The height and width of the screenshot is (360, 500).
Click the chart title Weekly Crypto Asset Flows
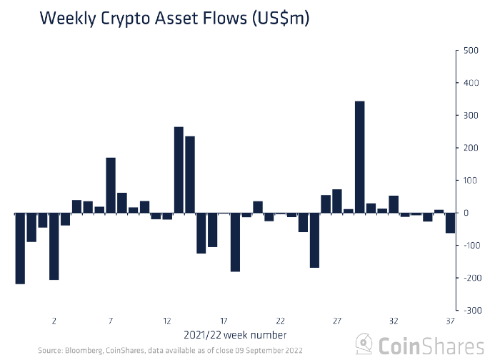(x=174, y=19)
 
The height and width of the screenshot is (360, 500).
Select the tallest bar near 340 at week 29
(x=360, y=157)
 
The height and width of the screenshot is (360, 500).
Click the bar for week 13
(x=179, y=170)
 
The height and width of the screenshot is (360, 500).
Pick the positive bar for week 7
(x=111, y=185)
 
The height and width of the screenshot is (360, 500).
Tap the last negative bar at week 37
(x=450, y=223)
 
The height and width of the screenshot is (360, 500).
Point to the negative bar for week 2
(x=54, y=246)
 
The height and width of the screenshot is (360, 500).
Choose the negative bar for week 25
(x=314, y=240)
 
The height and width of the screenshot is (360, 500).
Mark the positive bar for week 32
(x=394, y=204)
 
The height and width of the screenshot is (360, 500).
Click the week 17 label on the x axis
(x=224, y=321)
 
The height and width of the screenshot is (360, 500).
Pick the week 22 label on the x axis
(x=281, y=321)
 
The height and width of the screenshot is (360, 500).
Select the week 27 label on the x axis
(x=336, y=321)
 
